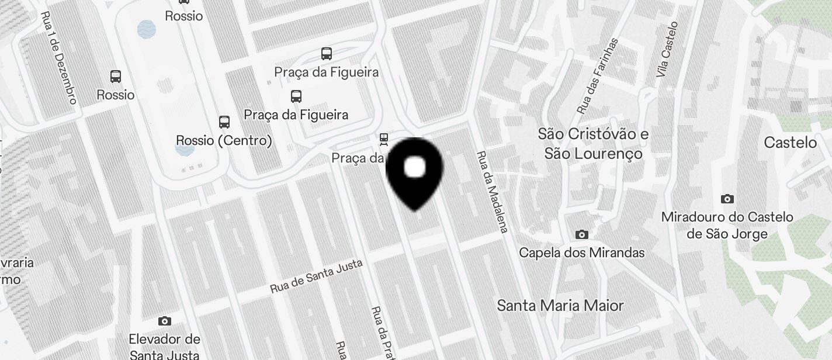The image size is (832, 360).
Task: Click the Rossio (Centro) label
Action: pyautogui.click(x=224, y=141)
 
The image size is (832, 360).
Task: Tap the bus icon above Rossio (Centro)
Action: pyautogui.click(x=224, y=122)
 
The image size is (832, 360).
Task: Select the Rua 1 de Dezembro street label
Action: pyautogui.click(x=59, y=58)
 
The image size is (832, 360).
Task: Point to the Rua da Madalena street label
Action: pyautogui.click(x=491, y=192)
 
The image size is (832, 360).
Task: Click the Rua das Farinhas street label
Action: pyautogui.click(x=597, y=76)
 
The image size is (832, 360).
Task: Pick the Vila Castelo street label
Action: pyautogui.click(x=667, y=50)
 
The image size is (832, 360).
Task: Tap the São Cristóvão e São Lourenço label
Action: pyautogui.click(x=593, y=144)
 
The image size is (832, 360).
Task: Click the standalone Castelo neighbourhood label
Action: pyautogui.click(x=790, y=143)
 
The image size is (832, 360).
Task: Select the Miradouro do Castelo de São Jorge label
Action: pyautogui.click(x=727, y=226)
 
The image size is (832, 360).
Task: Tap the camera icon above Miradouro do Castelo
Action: pyautogui.click(x=727, y=199)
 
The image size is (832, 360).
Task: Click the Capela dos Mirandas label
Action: pyautogui.click(x=581, y=252)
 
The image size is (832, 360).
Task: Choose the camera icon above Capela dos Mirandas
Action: pyautogui.click(x=581, y=235)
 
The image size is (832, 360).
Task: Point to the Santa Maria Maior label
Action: pyautogui.click(x=560, y=306)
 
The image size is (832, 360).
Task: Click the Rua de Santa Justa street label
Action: pyautogui.click(x=316, y=276)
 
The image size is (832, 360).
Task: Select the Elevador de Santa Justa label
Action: pyautogui.click(x=164, y=347)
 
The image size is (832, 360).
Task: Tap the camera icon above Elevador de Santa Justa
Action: pyautogui.click(x=165, y=321)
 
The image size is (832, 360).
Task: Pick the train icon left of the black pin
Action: pyautogui.click(x=383, y=139)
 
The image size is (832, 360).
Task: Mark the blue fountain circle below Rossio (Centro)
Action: pyautogui.click(x=184, y=149)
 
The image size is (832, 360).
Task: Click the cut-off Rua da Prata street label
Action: pyautogui.click(x=382, y=333)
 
